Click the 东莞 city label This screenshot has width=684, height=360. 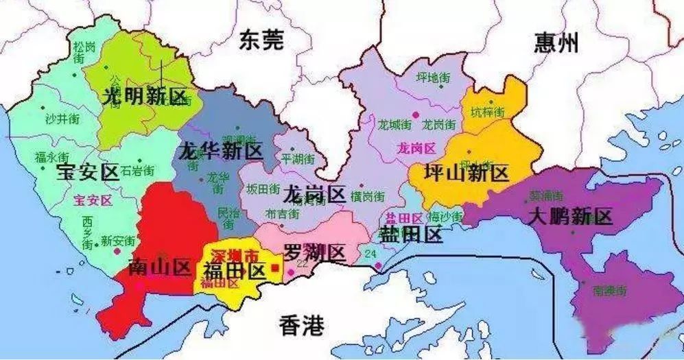click(261, 42)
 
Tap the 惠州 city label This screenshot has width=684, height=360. click(556, 43)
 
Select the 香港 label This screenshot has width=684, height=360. click(302, 326)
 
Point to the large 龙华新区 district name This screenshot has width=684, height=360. click(220, 152)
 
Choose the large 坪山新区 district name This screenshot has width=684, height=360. click(467, 173)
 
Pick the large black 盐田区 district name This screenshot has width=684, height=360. click(410, 235)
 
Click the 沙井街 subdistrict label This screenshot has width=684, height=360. click(62, 119)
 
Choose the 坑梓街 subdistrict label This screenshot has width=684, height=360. click(487, 111)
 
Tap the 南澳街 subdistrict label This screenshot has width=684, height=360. click(610, 291)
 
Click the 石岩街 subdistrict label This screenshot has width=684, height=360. click(137, 169)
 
